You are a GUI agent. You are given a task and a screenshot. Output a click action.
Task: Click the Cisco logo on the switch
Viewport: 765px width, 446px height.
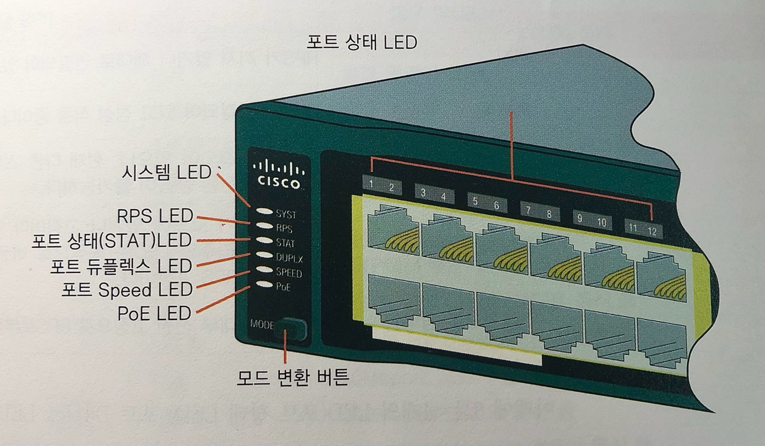click(x=279, y=174)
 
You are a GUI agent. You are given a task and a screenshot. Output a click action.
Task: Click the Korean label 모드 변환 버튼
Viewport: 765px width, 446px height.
click(x=293, y=378)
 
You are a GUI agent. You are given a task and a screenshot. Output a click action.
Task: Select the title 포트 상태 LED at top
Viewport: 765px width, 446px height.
click(x=362, y=42)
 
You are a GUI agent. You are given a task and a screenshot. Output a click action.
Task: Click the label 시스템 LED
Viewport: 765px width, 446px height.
click(x=166, y=172)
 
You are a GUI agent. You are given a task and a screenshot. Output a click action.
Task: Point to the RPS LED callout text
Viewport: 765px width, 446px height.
click(x=155, y=216)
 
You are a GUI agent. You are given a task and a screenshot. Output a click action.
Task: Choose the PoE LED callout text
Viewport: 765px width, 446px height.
click(x=154, y=313)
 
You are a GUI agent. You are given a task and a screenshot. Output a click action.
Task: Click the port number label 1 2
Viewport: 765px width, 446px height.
click(x=381, y=186)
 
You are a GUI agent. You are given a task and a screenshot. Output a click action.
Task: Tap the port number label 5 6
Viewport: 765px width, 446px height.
click(x=486, y=203)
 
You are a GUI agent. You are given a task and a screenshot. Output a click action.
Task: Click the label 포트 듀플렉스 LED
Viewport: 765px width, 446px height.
click(x=121, y=265)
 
